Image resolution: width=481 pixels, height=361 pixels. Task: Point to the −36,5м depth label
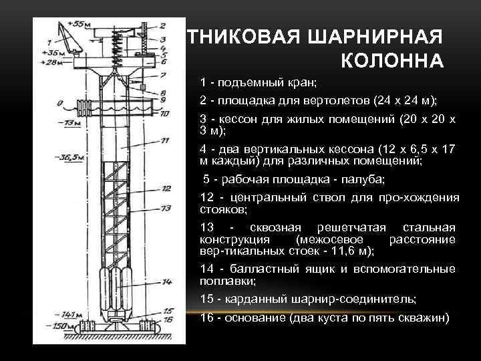(x=69, y=158)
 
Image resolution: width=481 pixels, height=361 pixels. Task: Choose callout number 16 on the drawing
(x=168, y=320)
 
